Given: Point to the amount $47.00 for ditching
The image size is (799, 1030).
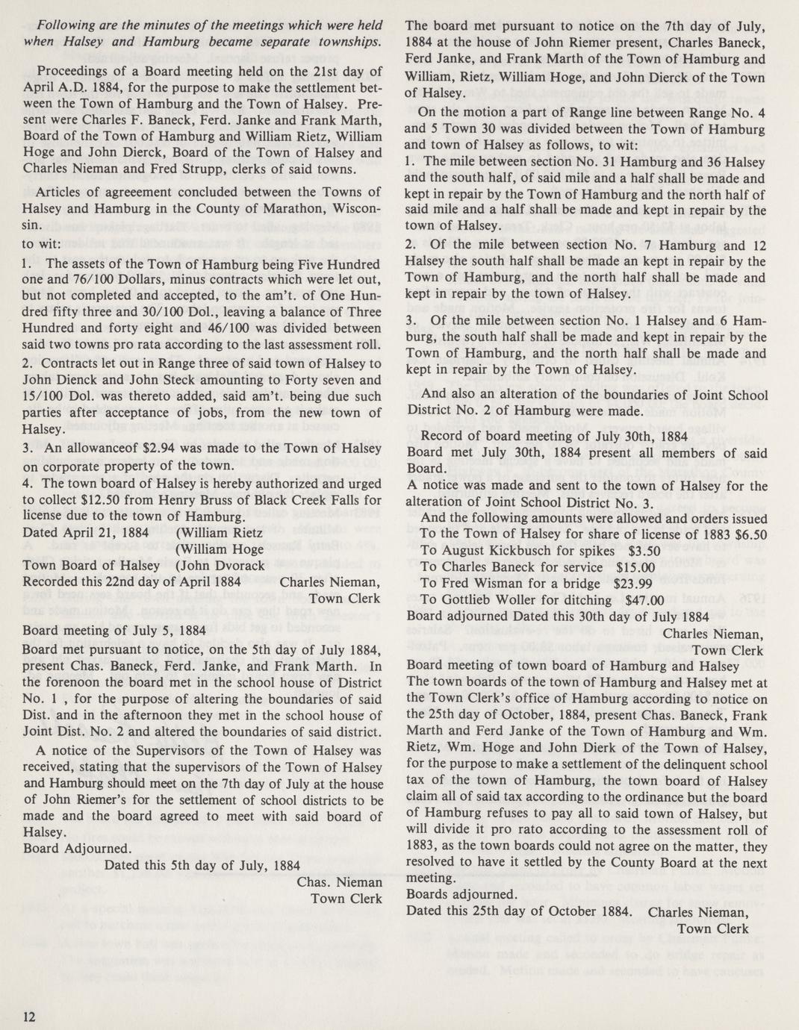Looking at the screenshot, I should [644, 600].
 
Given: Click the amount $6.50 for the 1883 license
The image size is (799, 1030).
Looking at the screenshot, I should [750, 534].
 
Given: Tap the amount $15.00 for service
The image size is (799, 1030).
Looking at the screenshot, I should [632, 567].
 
